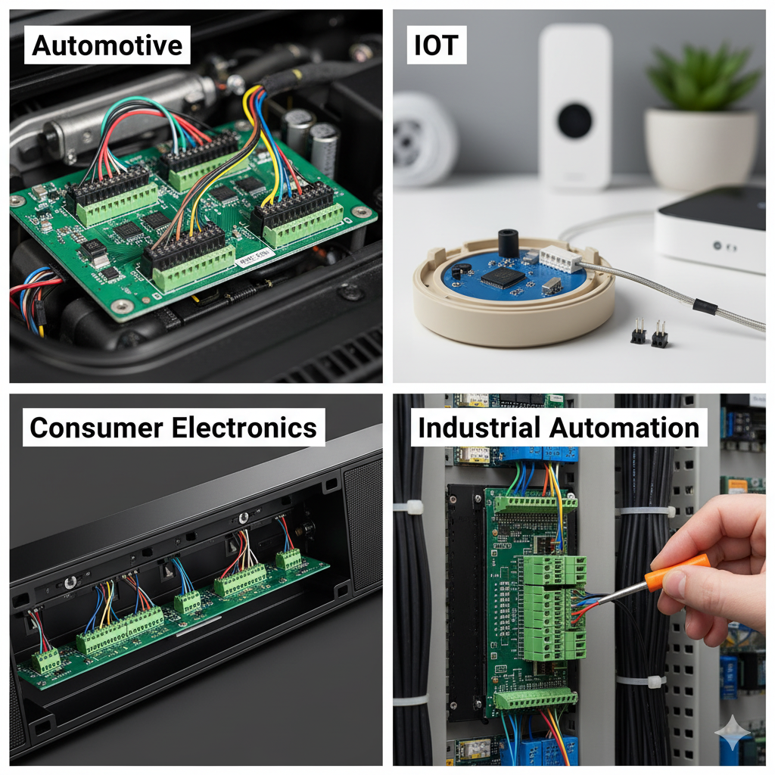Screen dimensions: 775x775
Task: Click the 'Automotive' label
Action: click(x=107, y=45)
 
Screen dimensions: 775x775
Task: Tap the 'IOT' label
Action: click(x=437, y=45)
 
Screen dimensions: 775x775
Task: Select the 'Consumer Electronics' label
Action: click(x=173, y=428)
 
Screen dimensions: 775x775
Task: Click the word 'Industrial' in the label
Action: click(x=478, y=428)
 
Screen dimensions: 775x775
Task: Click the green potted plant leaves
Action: click(x=703, y=76)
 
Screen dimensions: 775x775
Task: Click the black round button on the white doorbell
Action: click(x=575, y=120)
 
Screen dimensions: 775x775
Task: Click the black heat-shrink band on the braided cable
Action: click(x=705, y=307)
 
